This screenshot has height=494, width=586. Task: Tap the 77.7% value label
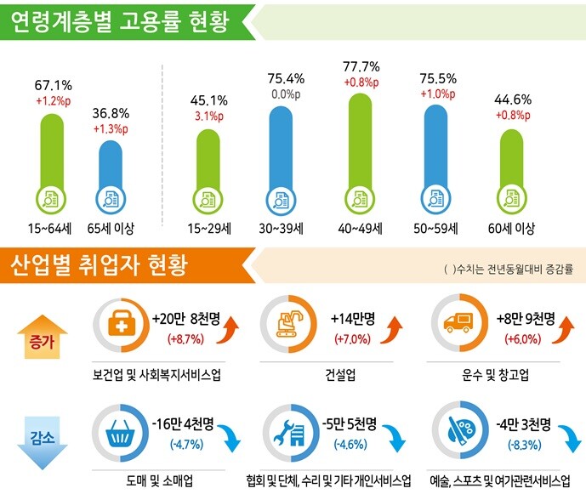tap(361, 66)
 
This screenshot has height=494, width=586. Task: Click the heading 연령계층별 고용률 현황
tap(120, 22)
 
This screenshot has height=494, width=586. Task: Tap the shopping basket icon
tap(119, 433)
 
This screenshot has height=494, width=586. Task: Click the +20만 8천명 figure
tap(186, 319)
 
